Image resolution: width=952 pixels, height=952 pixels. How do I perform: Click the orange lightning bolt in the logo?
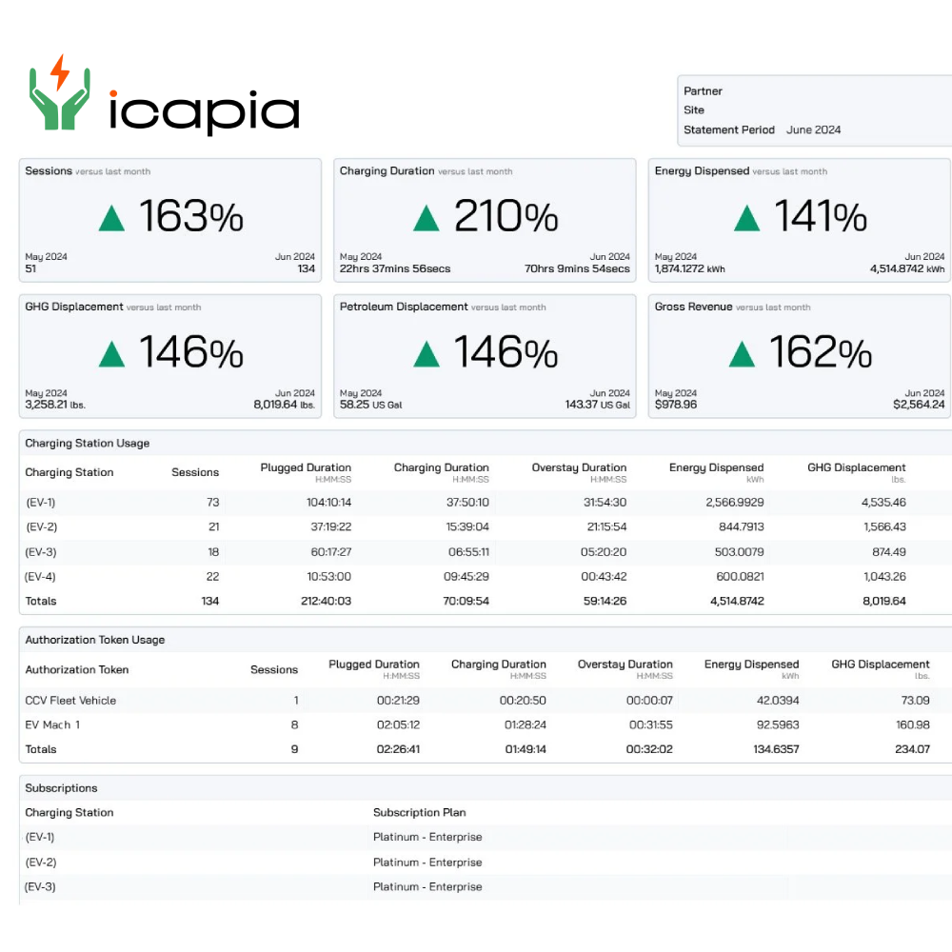(x=59, y=72)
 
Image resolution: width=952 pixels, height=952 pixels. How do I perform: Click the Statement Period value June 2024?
(x=813, y=129)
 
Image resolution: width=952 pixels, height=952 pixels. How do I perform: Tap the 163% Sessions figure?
(x=191, y=217)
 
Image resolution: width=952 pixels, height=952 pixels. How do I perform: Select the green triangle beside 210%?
(x=426, y=219)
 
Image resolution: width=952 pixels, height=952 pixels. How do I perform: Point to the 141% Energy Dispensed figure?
(x=820, y=217)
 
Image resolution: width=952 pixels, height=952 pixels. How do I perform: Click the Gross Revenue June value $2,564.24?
(x=919, y=405)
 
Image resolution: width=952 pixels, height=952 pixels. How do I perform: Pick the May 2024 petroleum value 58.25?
(x=355, y=405)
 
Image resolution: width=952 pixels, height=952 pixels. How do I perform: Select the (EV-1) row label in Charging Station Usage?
(x=41, y=502)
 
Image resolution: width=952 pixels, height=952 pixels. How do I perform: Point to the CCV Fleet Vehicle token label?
(x=70, y=700)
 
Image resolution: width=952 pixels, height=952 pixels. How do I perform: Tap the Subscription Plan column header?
(x=420, y=812)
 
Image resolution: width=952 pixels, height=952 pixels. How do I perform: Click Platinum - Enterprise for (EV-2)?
(x=427, y=862)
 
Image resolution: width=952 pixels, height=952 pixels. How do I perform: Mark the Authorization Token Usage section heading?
(x=94, y=640)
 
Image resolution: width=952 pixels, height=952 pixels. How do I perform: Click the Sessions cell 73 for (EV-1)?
(x=212, y=502)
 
